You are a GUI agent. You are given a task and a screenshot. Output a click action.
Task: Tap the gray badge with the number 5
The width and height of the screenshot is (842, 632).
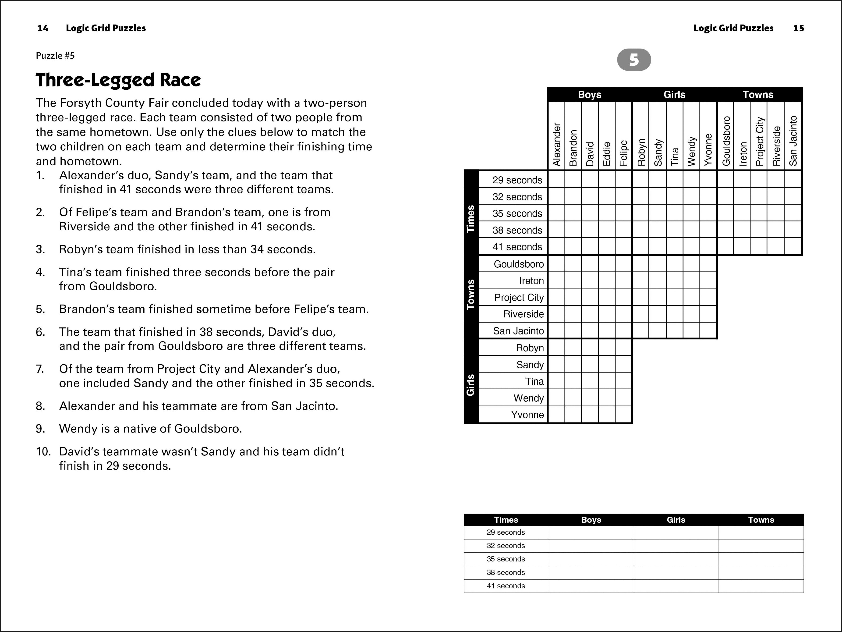[x=634, y=60]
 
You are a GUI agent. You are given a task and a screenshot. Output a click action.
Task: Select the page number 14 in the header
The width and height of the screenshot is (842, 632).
[x=43, y=28]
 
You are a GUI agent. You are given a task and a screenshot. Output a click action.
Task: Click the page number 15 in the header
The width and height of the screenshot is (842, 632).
[x=799, y=28]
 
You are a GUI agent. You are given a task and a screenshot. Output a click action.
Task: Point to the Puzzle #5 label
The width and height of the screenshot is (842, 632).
[x=55, y=56]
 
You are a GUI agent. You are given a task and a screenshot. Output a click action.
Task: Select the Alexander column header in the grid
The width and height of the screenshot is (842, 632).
[x=556, y=145]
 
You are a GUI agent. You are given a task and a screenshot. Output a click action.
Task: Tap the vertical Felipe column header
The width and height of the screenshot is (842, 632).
[x=623, y=153]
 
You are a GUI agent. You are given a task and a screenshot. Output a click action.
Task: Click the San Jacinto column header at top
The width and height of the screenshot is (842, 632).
[x=793, y=141]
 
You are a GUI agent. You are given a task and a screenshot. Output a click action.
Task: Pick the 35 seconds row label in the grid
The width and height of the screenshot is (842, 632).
[x=517, y=213]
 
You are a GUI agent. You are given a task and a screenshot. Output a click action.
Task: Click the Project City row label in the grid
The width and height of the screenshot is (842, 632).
[x=519, y=297]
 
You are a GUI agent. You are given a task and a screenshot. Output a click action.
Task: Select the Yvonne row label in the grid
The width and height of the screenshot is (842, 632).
[x=527, y=415]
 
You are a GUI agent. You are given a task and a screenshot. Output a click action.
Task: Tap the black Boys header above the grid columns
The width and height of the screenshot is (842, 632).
[x=589, y=94]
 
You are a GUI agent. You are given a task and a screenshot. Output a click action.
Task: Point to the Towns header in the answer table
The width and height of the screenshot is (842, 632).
[x=761, y=520]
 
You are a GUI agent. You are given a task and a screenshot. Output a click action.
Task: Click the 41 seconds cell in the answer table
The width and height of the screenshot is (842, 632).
[x=506, y=586]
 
